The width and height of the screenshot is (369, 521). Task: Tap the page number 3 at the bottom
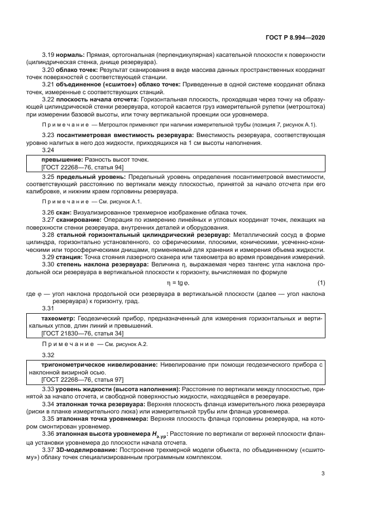point(323,474)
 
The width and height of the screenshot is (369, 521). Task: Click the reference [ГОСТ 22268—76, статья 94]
point(83,167)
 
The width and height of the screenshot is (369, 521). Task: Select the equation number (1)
point(321,283)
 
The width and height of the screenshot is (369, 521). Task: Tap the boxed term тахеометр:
point(59,318)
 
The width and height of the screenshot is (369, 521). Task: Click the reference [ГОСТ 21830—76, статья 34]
point(83,332)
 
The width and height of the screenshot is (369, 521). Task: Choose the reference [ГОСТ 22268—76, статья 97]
point(83,378)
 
